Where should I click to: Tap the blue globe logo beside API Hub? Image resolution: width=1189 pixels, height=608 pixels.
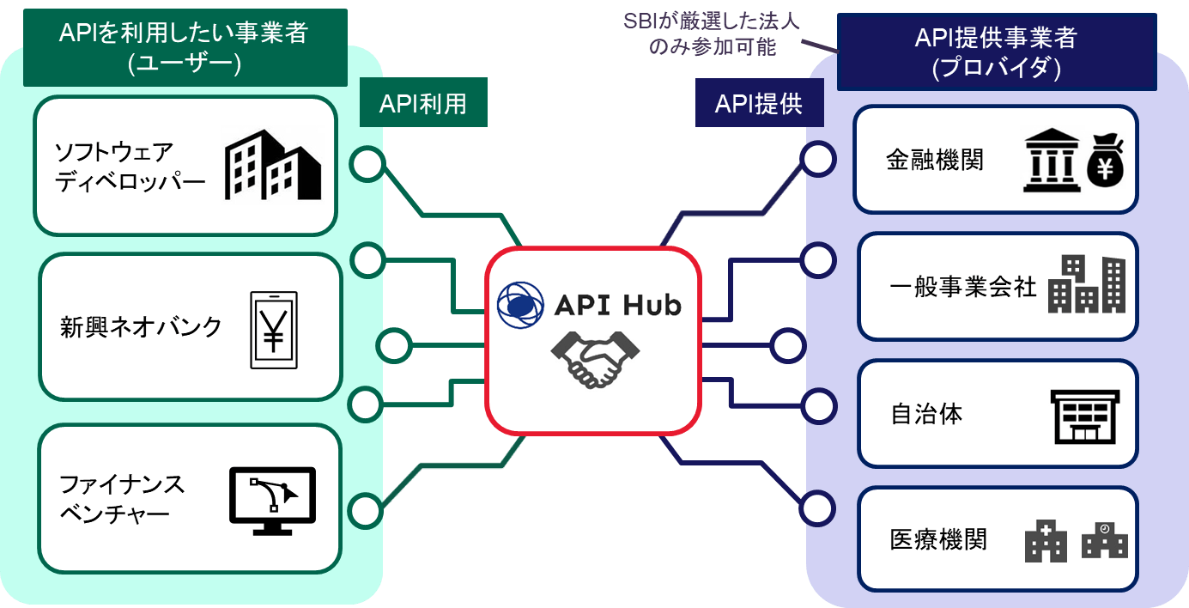click(x=520, y=304)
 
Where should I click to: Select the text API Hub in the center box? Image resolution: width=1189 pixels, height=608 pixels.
click(x=617, y=304)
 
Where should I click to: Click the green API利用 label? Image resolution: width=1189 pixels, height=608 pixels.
click(x=423, y=103)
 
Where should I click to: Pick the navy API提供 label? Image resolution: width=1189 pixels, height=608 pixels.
click(x=759, y=103)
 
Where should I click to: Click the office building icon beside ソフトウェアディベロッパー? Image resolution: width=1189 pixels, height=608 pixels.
click(x=272, y=165)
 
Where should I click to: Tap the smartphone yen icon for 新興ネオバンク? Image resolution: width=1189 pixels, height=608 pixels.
click(x=274, y=330)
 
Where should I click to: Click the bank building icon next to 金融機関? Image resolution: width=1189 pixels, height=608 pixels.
click(x=1052, y=162)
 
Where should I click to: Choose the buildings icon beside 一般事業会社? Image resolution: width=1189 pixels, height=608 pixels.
click(x=1087, y=285)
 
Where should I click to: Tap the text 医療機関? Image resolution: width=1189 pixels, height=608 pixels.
click(x=938, y=540)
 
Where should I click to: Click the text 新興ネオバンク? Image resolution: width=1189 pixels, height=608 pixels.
click(x=141, y=327)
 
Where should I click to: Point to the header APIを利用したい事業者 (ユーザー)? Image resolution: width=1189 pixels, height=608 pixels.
click(x=184, y=47)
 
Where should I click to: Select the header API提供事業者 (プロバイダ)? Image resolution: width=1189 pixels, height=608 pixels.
click(x=996, y=52)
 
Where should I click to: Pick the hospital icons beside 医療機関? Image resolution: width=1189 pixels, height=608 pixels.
click(x=1077, y=541)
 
